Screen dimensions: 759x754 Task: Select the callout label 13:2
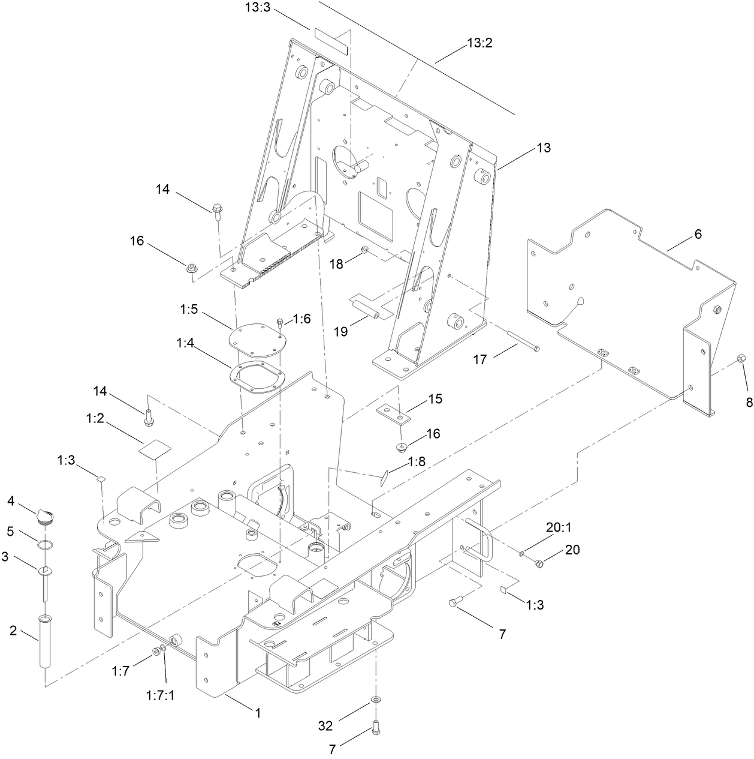tap(479, 43)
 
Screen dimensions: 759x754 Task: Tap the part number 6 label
tap(698, 234)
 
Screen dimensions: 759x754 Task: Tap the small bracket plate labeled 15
tap(393, 414)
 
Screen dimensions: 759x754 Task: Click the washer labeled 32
tap(375, 700)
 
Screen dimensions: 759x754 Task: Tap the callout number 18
tap(336, 263)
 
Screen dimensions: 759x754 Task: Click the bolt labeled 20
tap(538, 563)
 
